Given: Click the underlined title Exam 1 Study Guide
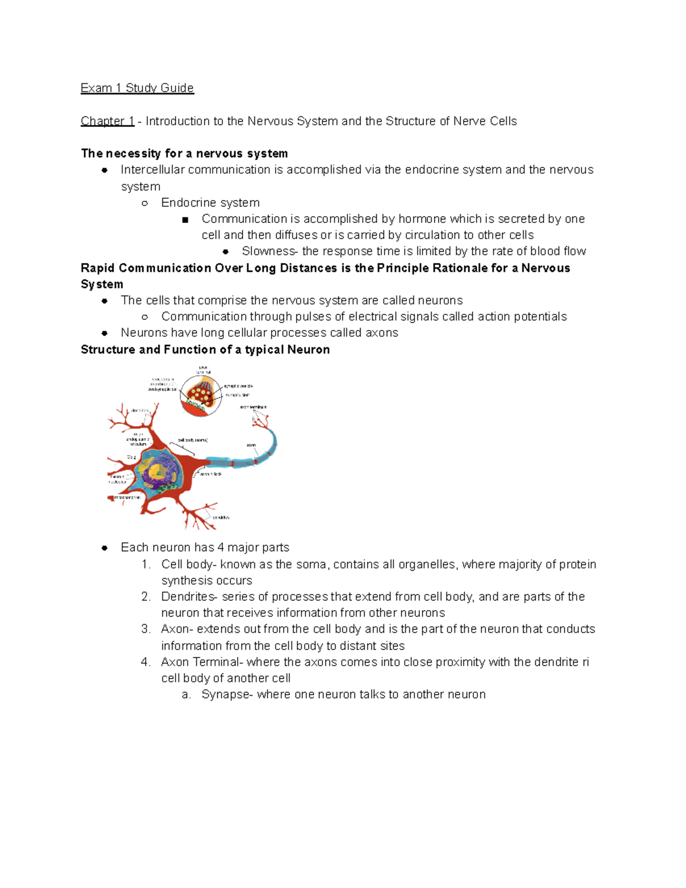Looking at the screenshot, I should pos(137,88).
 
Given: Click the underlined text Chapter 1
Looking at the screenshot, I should pos(107,121).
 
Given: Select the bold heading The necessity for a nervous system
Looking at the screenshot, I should pos(184,153).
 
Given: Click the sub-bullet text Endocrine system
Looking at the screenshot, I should pos(210,202).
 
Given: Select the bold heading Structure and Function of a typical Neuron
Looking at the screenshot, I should pos(205,349).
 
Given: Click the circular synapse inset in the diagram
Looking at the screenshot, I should pos(201,395).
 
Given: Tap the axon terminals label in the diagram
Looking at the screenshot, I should pos(253,407).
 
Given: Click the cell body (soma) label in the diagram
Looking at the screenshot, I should pos(193,440).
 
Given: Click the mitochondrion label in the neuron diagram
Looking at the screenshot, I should pos(126,497).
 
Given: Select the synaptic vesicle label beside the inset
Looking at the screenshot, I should pos(238,387).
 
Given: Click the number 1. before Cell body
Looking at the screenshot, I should pos(146,564).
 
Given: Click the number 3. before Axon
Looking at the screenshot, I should pos(146,629).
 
